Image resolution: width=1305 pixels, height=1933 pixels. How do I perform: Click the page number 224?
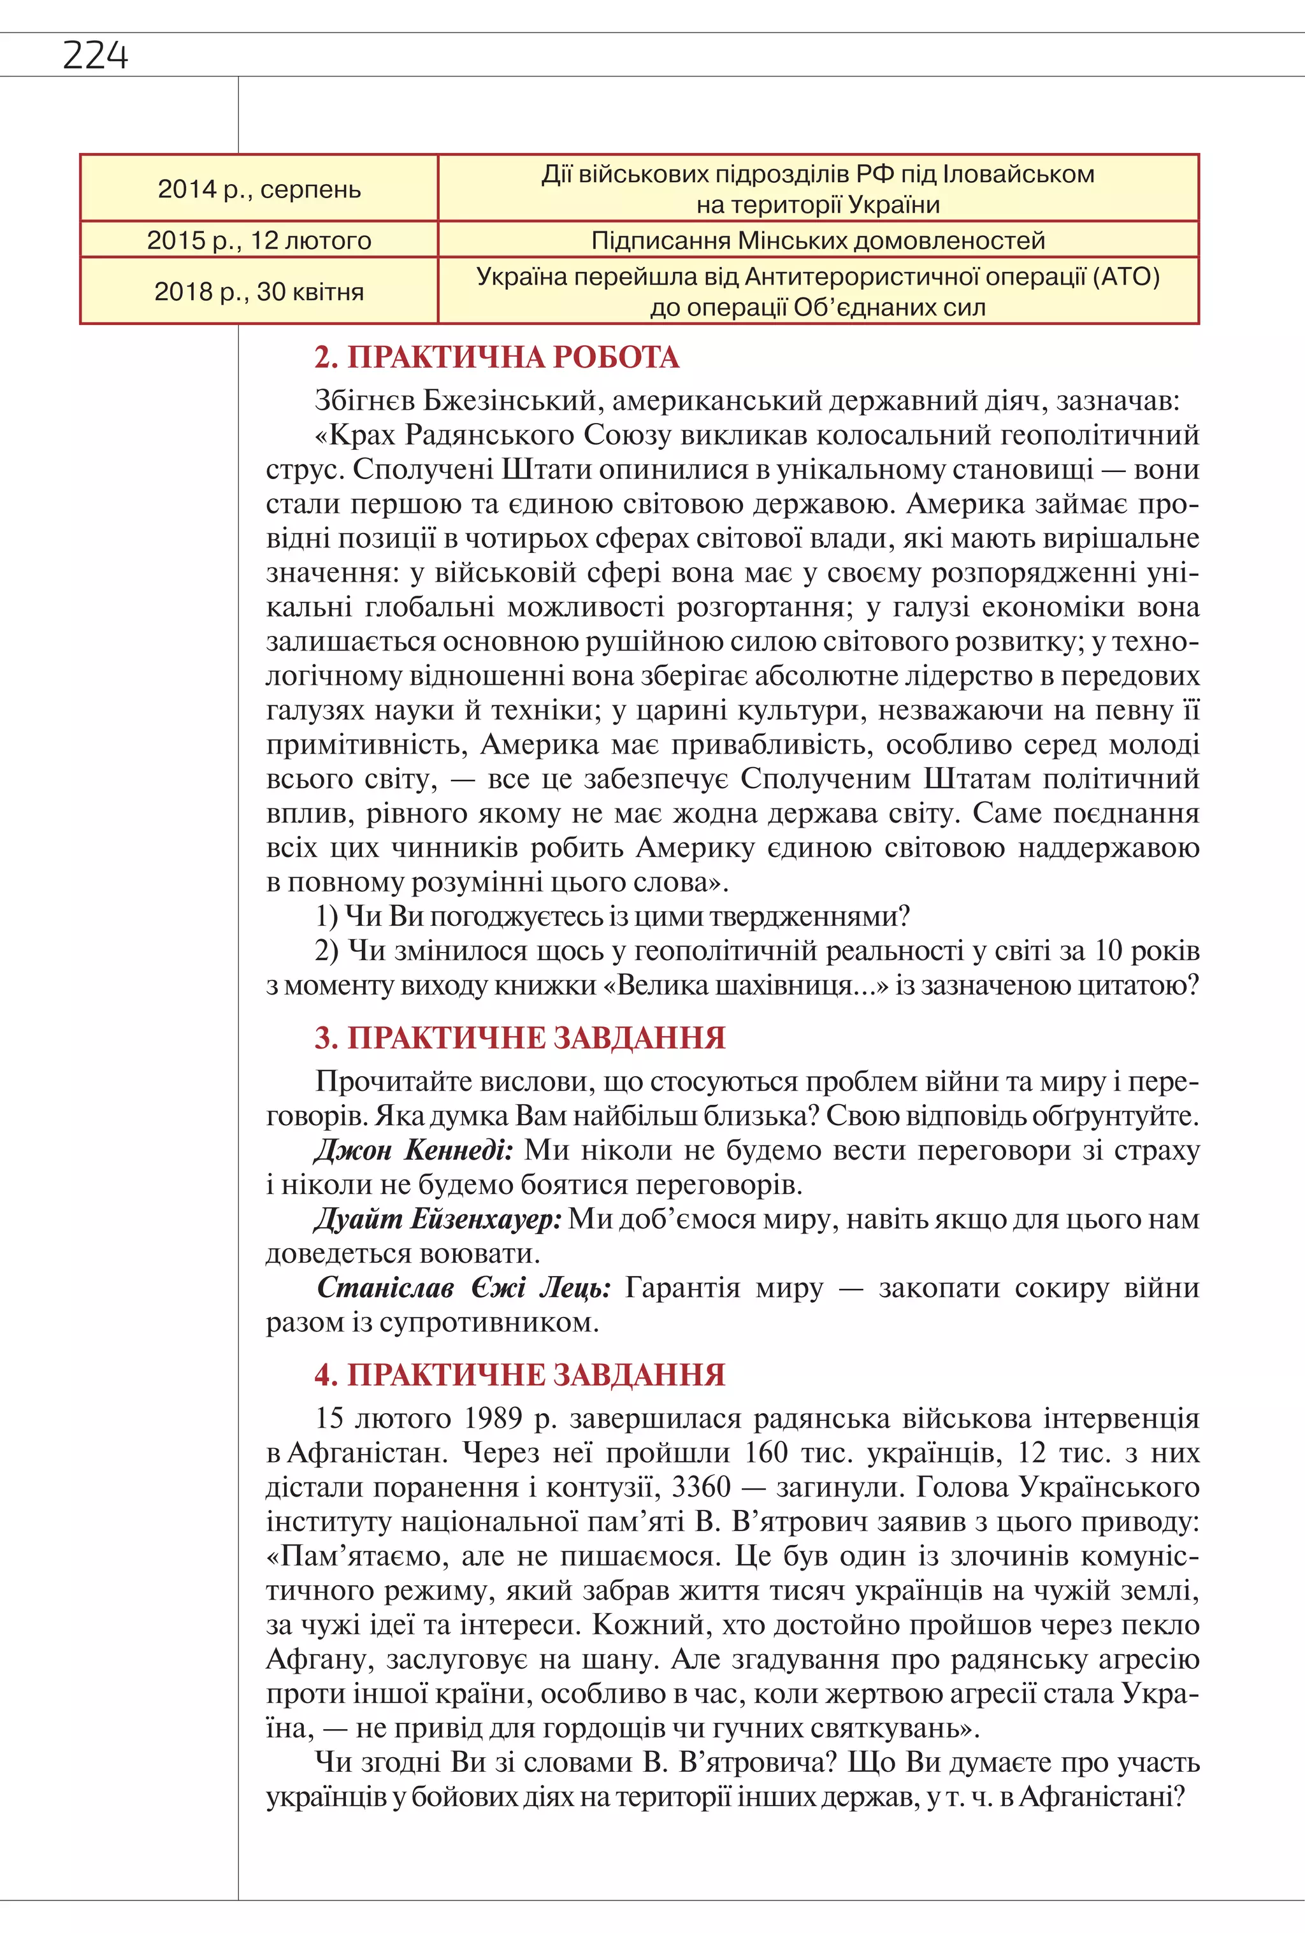(x=95, y=55)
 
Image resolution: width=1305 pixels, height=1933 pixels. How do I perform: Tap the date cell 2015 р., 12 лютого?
(x=259, y=240)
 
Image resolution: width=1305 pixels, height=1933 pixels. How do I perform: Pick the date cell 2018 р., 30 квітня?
(x=259, y=291)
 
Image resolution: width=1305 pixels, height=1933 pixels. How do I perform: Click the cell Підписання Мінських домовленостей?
(x=818, y=240)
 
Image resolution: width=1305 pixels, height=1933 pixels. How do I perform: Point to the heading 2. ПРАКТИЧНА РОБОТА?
(x=496, y=357)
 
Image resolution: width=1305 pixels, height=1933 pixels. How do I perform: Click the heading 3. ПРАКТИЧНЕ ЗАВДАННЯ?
(x=519, y=1038)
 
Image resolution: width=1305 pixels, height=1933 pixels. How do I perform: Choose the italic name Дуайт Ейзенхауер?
(x=438, y=1219)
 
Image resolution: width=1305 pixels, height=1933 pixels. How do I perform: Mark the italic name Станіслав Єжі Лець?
(x=463, y=1288)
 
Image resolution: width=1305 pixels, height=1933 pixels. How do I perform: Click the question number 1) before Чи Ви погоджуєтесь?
(x=326, y=917)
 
